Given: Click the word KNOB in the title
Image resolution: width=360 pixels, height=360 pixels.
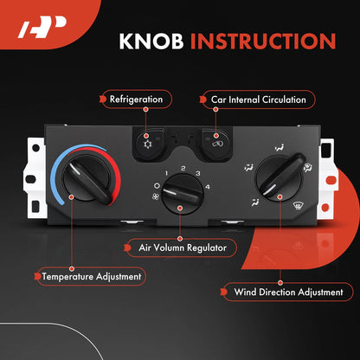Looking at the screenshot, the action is click(151, 42).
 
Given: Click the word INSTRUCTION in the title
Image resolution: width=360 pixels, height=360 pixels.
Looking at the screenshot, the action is click(263, 42).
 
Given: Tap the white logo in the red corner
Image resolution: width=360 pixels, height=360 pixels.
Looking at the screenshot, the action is click(42, 27).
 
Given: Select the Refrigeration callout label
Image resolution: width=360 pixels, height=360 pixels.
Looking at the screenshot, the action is click(136, 100).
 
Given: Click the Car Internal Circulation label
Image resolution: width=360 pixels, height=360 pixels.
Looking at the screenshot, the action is click(258, 100).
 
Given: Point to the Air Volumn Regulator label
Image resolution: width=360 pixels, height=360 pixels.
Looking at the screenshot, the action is click(183, 247).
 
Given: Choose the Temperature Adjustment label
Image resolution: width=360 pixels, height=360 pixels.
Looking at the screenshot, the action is click(92, 277).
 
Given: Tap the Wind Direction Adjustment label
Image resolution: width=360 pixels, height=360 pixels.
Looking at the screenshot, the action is click(288, 292).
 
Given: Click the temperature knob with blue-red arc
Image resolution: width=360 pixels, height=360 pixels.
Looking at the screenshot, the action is click(87, 177).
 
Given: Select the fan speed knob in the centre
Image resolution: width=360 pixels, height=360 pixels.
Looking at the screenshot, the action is click(183, 194).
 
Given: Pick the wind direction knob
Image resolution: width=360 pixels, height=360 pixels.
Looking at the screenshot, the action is click(280, 177).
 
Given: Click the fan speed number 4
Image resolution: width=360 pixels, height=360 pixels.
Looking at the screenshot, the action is click(208, 187).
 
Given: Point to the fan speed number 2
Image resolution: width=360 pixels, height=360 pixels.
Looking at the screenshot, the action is click(183, 168).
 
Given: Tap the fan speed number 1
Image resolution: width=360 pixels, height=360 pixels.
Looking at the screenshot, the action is click(166, 173).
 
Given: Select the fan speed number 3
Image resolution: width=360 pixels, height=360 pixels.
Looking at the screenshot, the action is click(198, 173).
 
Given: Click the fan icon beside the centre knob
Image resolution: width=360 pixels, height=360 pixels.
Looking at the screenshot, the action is click(156, 197).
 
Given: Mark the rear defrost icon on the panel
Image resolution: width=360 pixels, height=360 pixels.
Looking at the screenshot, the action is click(298, 206).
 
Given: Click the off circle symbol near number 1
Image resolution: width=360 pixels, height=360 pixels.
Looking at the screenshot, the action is click(157, 186).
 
